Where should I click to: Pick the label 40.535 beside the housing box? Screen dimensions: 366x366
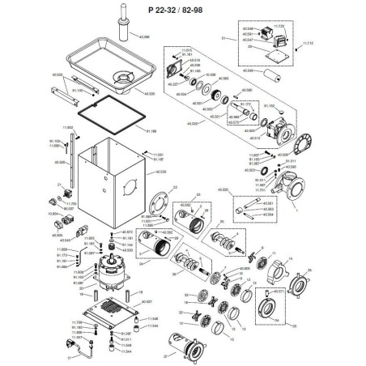click(159, 172)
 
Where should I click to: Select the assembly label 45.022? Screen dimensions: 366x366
click(192, 124)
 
